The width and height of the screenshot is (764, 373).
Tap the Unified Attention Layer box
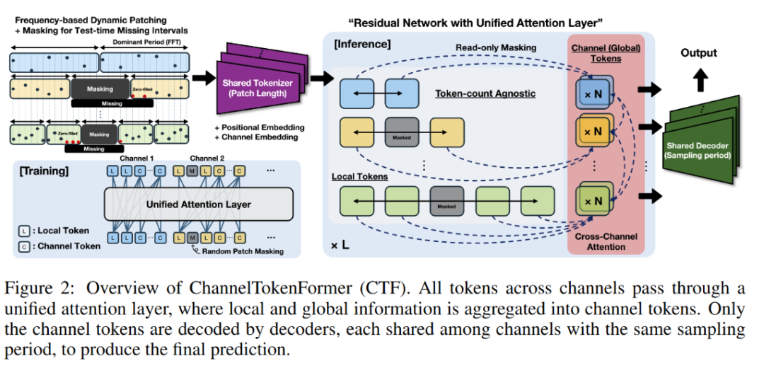click(199, 205)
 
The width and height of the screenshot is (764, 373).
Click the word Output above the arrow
click(698, 53)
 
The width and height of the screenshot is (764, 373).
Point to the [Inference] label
click(361, 45)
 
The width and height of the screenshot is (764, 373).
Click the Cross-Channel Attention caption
click(606, 241)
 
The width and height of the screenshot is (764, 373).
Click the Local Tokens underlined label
click(359, 176)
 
